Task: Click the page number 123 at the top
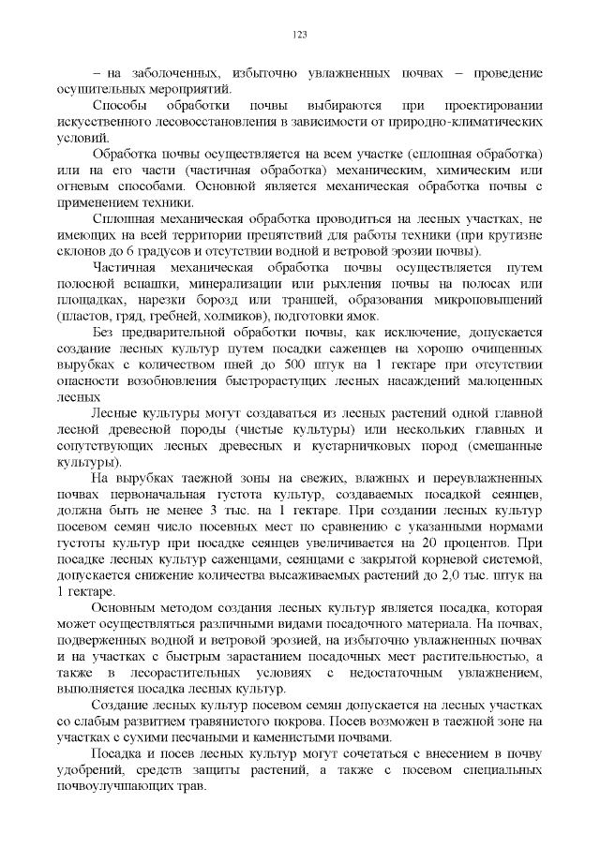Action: (300, 35)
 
